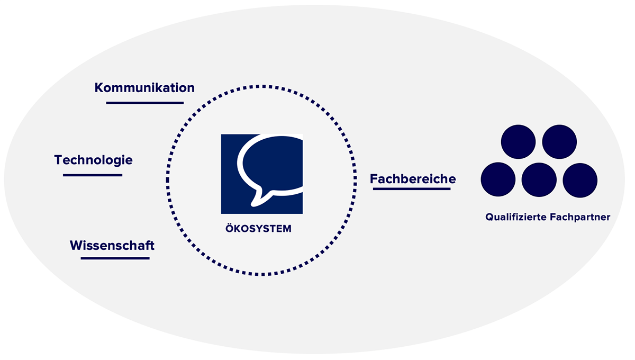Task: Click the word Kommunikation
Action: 144,88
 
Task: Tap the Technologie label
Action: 94,160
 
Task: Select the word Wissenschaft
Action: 112,246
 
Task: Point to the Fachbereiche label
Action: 413,179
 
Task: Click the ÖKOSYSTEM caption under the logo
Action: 258,228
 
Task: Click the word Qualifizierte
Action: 516,217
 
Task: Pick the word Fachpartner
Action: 580,217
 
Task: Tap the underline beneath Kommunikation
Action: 145,103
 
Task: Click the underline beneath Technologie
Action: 93,175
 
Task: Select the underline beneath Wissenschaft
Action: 115,258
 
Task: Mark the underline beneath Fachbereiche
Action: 412,189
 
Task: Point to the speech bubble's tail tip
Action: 252,205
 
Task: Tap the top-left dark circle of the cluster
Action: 518,142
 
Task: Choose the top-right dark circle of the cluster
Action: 559,142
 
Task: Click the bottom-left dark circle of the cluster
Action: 498,179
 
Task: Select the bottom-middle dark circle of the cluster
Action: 539,180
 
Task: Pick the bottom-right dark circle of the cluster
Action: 580,181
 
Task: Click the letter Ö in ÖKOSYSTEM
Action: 230,228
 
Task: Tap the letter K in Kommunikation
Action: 99,88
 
